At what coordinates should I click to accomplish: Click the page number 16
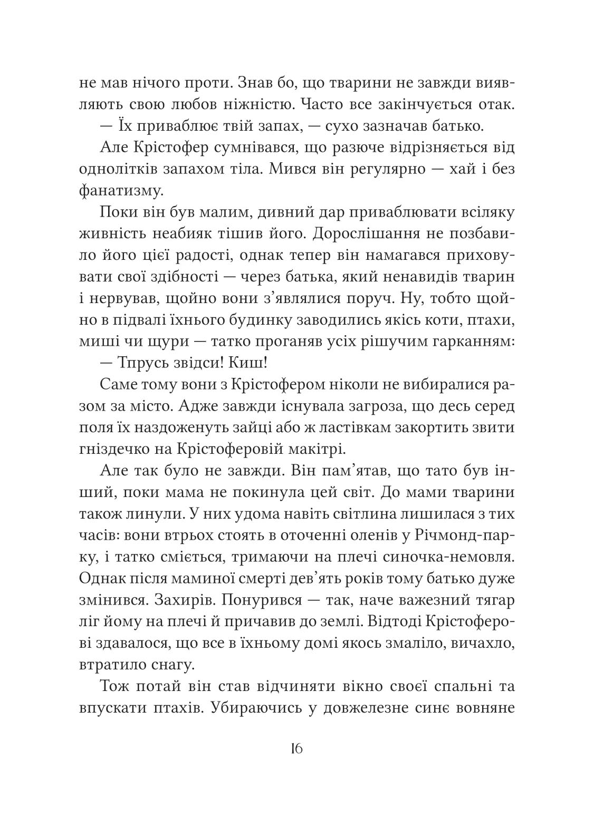pyautogui.click(x=296, y=749)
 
